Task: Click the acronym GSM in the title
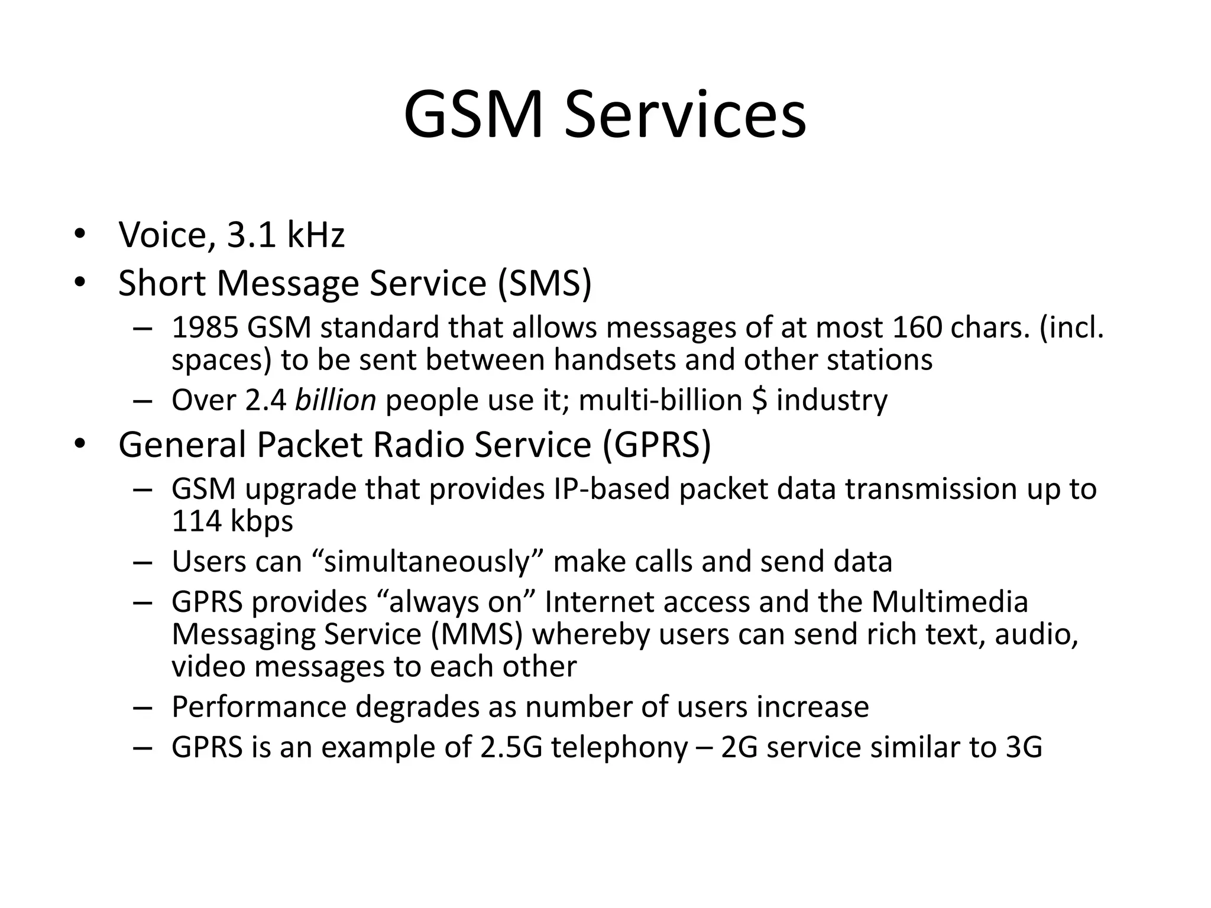click(473, 115)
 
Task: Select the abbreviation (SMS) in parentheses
click(544, 283)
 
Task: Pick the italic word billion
click(335, 400)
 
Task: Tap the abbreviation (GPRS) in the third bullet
click(657, 445)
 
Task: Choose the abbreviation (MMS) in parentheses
click(477, 634)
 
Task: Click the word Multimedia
click(950, 602)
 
